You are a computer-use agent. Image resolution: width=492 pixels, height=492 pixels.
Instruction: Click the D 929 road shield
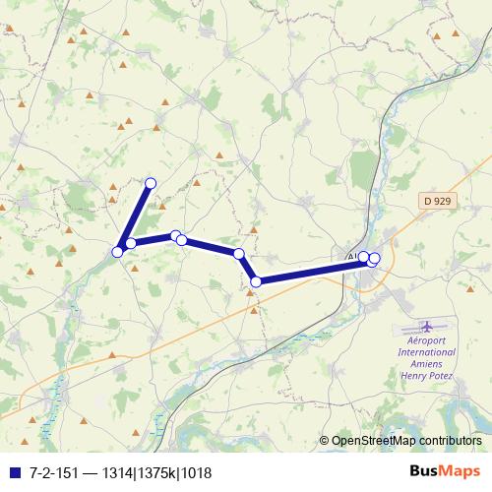(x=437, y=201)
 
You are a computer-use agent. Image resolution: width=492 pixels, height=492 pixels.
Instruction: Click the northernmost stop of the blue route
(x=152, y=182)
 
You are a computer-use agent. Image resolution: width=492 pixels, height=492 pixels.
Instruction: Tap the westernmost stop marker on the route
(x=117, y=252)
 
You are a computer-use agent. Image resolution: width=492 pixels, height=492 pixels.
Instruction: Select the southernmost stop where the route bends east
(x=256, y=281)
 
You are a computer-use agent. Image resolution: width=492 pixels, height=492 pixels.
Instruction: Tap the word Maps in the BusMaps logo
(x=461, y=471)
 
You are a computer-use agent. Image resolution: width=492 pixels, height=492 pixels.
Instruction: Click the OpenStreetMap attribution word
(x=371, y=442)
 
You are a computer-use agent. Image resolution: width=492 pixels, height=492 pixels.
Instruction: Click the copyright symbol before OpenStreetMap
(x=325, y=442)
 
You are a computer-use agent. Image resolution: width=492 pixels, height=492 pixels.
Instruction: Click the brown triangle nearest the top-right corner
(x=455, y=33)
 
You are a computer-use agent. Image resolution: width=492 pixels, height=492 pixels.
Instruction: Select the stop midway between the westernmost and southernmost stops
(x=181, y=239)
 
